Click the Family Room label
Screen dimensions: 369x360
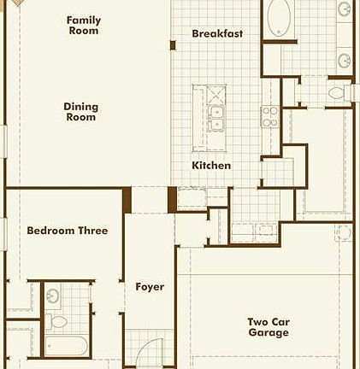[83, 26]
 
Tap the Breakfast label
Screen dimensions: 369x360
[217, 33]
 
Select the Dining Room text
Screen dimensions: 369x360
[81, 112]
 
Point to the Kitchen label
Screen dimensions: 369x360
[211, 165]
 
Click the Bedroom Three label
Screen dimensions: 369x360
[67, 231]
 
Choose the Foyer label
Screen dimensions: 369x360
[150, 287]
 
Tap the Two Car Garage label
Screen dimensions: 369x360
[269, 327]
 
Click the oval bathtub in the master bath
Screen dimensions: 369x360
[280, 19]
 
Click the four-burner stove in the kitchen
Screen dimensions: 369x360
[269, 116]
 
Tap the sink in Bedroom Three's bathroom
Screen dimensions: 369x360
[54, 296]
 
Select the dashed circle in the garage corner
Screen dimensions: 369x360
[343, 231]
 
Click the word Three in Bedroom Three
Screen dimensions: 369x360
[91, 231]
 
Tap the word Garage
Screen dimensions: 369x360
[269, 333]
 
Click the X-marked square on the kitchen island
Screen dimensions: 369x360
[215, 93]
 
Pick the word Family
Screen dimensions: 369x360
[83, 20]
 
